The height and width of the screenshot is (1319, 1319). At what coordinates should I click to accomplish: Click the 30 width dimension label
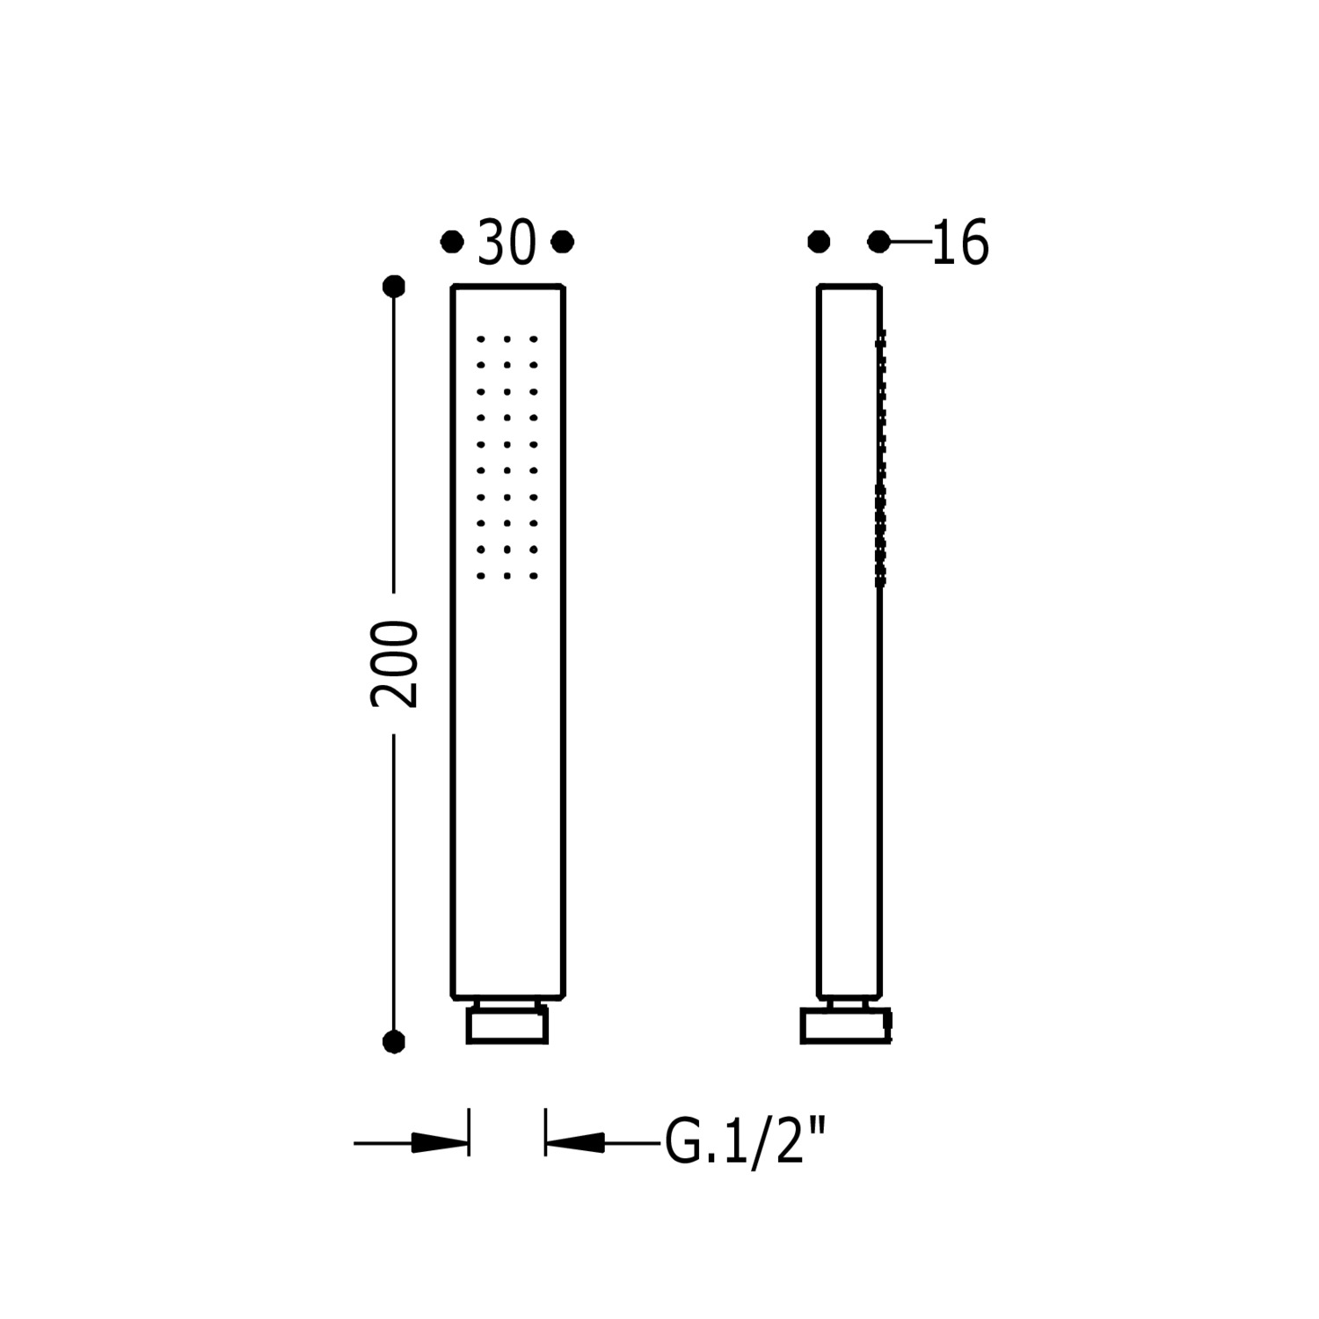(506, 243)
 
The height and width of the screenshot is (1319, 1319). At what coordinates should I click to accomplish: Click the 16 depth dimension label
(959, 243)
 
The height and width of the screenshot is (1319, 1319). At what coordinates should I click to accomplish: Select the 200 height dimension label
(394, 664)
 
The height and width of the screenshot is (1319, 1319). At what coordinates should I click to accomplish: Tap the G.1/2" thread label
(747, 1142)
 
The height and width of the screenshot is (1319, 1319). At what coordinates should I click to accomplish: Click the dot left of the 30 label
(452, 241)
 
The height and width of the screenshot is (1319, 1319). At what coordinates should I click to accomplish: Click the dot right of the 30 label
(563, 241)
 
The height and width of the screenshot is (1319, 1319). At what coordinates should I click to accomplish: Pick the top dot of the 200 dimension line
(394, 286)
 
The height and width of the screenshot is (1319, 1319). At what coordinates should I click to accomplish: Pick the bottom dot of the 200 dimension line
(394, 1042)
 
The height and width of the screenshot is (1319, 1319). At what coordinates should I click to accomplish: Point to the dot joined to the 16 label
(878, 241)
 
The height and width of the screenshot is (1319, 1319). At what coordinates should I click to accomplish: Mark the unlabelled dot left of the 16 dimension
(819, 241)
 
